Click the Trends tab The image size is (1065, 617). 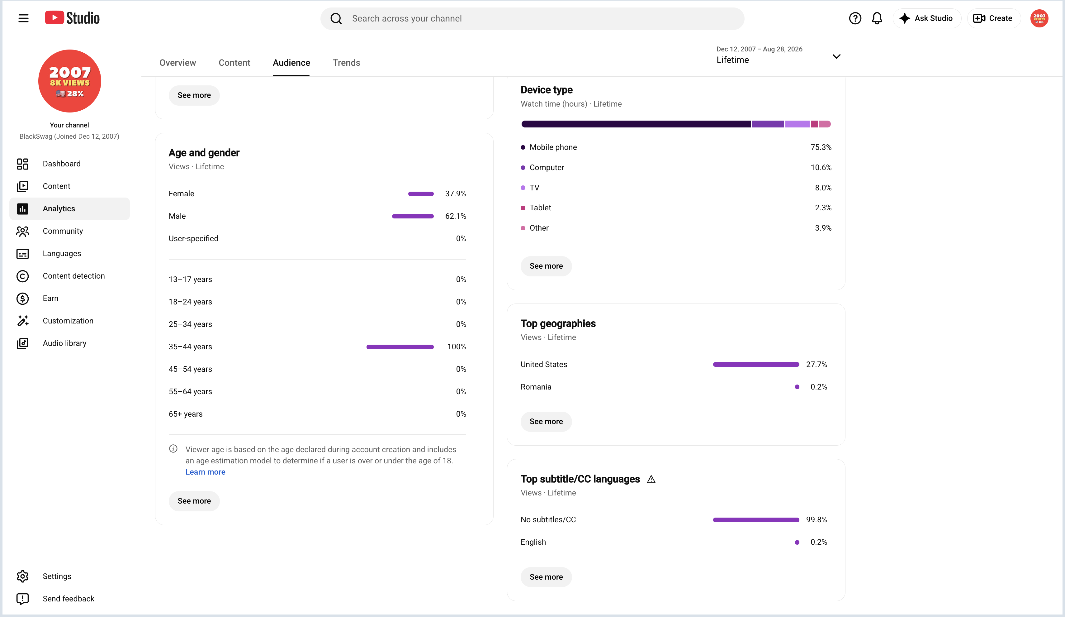pos(346,63)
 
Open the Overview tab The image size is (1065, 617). pos(177,63)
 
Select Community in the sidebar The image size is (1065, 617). pos(63,231)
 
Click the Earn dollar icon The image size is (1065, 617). pos(22,299)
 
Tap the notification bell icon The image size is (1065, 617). pos(877,18)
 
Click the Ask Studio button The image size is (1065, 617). pos(927,18)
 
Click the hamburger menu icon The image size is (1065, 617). pos(23,18)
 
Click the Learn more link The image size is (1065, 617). pos(206,472)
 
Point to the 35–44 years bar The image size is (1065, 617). pos(400,347)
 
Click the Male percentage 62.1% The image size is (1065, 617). pos(456,216)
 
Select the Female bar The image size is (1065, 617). pos(421,194)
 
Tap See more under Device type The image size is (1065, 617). pos(546,266)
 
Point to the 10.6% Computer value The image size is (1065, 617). pos(821,167)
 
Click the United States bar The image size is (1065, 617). pos(756,365)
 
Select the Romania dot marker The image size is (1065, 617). pos(797,387)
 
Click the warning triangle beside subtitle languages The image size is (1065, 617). pos(651,480)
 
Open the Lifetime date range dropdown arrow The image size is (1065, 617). pos(836,56)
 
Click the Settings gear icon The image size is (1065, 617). pos(22,576)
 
